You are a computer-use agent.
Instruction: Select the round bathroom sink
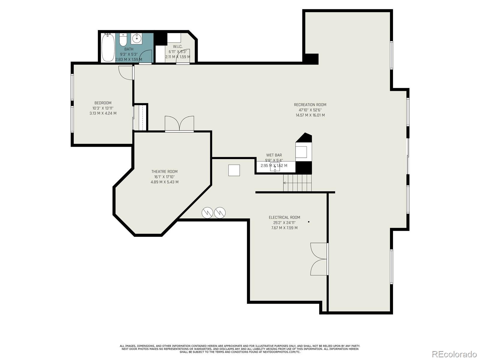[x=137, y=38]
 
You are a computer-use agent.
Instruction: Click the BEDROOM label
[x=103, y=103]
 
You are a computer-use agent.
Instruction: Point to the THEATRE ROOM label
[x=164, y=172]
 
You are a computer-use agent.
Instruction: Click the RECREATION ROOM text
[x=310, y=105]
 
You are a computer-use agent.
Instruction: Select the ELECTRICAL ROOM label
[x=284, y=217]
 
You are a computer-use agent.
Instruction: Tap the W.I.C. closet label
[x=178, y=46]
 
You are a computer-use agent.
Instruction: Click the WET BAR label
[x=274, y=155]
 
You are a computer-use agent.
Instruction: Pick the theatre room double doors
[x=179, y=124]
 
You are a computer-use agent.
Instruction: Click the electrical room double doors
[x=319, y=259]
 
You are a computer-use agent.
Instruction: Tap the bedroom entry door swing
[x=125, y=73]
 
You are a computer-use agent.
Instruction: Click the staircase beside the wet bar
[x=297, y=183]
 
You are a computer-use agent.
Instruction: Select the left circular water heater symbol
[x=207, y=213]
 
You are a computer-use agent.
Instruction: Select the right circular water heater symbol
[x=220, y=213]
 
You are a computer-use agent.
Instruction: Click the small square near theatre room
[x=234, y=170]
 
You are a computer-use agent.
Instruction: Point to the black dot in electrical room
[x=309, y=222]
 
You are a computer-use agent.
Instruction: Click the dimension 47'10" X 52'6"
[x=310, y=110]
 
